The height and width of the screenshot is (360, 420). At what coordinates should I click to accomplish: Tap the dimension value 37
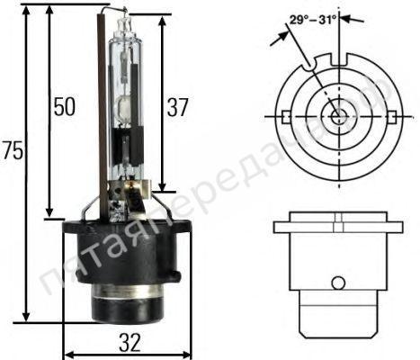(178, 107)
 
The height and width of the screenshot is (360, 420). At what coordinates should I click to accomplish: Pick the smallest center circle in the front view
(336, 115)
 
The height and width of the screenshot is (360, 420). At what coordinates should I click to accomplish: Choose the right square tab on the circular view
(391, 116)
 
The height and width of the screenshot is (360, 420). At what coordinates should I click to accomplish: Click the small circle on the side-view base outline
(336, 283)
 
